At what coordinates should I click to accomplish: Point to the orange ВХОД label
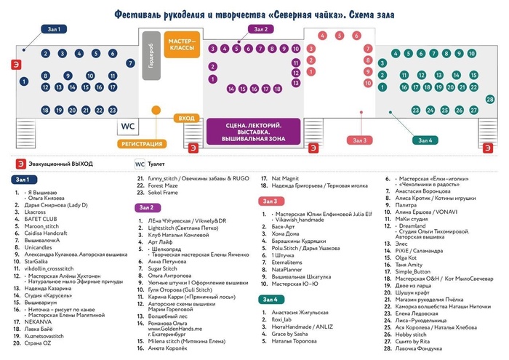(187, 118)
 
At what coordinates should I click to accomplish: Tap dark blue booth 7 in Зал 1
(131, 63)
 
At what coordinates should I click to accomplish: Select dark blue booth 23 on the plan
(113, 110)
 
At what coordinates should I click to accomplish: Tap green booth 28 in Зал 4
(492, 98)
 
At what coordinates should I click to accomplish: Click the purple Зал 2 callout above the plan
(261, 29)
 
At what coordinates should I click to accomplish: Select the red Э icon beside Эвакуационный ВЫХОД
(21, 164)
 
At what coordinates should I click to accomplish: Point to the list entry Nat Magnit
(287, 177)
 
